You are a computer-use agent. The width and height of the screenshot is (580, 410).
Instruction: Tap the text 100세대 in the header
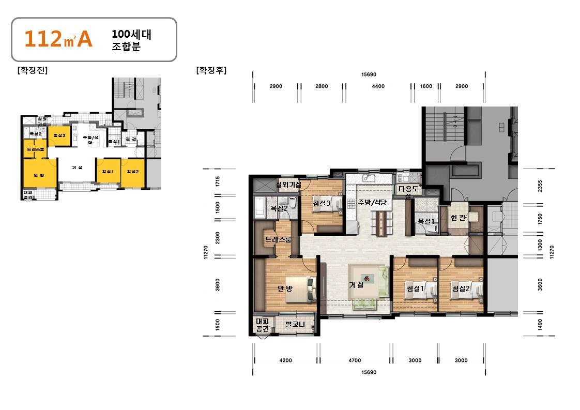point(131,35)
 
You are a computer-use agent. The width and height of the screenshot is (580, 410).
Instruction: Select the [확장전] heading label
point(33,71)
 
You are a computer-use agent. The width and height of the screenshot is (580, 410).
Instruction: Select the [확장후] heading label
point(211,70)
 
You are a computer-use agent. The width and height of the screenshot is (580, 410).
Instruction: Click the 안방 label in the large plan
point(285,288)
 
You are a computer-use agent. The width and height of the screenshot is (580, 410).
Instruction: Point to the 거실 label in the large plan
point(356,285)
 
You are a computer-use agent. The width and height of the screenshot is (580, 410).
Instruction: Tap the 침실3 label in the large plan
point(321,204)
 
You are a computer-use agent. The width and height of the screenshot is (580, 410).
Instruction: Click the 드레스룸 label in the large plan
point(278,239)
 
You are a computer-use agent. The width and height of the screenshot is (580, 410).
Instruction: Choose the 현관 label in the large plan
point(458,218)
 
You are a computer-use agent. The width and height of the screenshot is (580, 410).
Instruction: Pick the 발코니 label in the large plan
point(295,325)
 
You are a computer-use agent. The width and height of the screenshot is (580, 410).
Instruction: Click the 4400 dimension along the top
point(378,86)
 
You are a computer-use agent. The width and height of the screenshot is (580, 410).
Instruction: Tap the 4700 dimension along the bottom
point(355,360)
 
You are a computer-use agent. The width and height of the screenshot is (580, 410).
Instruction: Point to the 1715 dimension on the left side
point(218,181)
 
